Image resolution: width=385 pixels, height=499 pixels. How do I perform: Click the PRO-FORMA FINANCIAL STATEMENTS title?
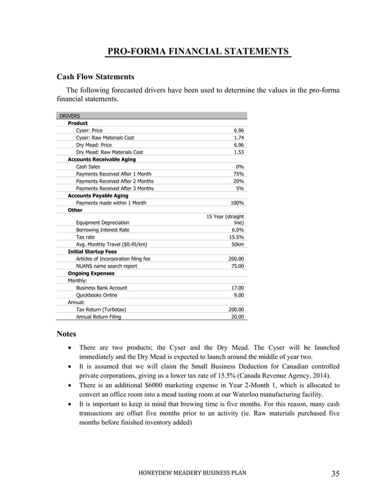(x=198, y=51)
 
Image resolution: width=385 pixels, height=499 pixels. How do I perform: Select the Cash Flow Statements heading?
(x=95, y=77)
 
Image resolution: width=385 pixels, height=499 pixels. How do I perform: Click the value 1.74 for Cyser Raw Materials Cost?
(x=238, y=138)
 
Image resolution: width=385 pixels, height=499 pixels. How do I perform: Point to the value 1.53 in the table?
(x=238, y=152)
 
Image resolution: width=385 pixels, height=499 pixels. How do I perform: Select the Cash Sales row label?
(x=88, y=167)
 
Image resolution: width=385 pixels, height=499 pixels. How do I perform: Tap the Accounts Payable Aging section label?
(x=98, y=196)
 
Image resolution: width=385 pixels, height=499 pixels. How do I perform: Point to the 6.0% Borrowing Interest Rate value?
(x=238, y=230)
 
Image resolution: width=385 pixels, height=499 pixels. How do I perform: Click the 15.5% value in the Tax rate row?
(x=237, y=237)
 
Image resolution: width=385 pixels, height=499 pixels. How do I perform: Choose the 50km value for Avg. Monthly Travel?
(x=238, y=245)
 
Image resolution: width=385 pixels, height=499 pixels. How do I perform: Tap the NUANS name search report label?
(x=106, y=266)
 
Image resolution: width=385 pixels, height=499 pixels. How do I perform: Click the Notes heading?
(x=66, y=333)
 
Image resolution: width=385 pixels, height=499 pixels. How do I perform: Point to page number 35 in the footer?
(x=335, y=473)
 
